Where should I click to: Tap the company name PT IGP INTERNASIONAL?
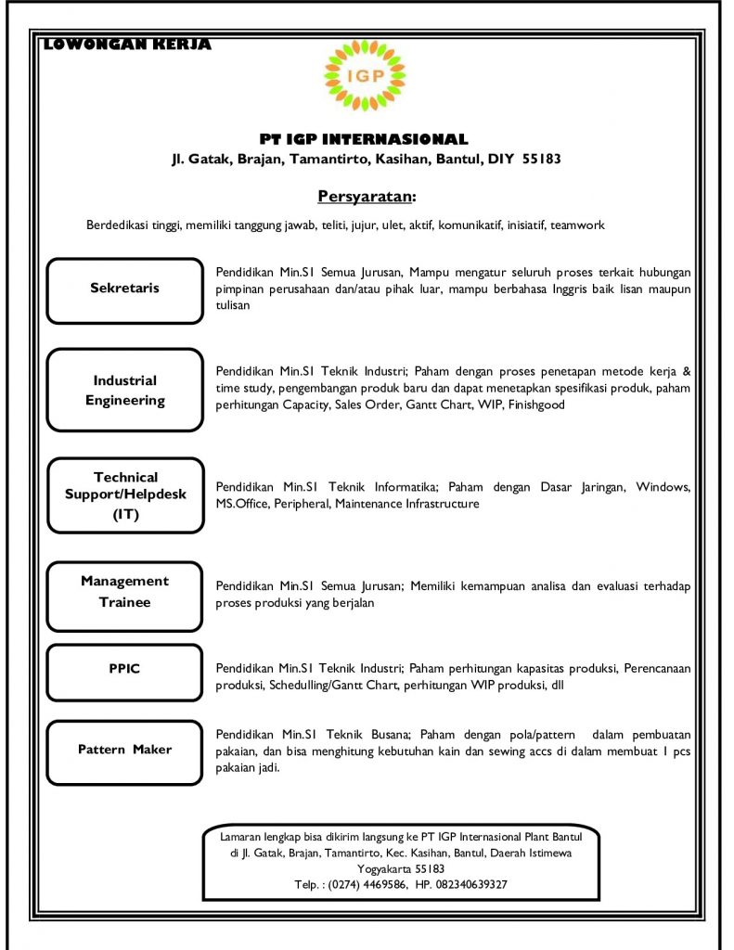coord(365,139)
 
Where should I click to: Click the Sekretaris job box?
coord(124,289)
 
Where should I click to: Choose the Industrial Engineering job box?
coord(124,391)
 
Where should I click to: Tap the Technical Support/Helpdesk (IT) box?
coord(124,495)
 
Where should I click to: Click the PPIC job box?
coord(124,669)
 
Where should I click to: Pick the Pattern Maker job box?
coord(124,750)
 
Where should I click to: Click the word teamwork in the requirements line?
coord(577,225)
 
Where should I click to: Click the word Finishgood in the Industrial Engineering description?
coord(536,405)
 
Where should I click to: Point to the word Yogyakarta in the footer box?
coord(371,868)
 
